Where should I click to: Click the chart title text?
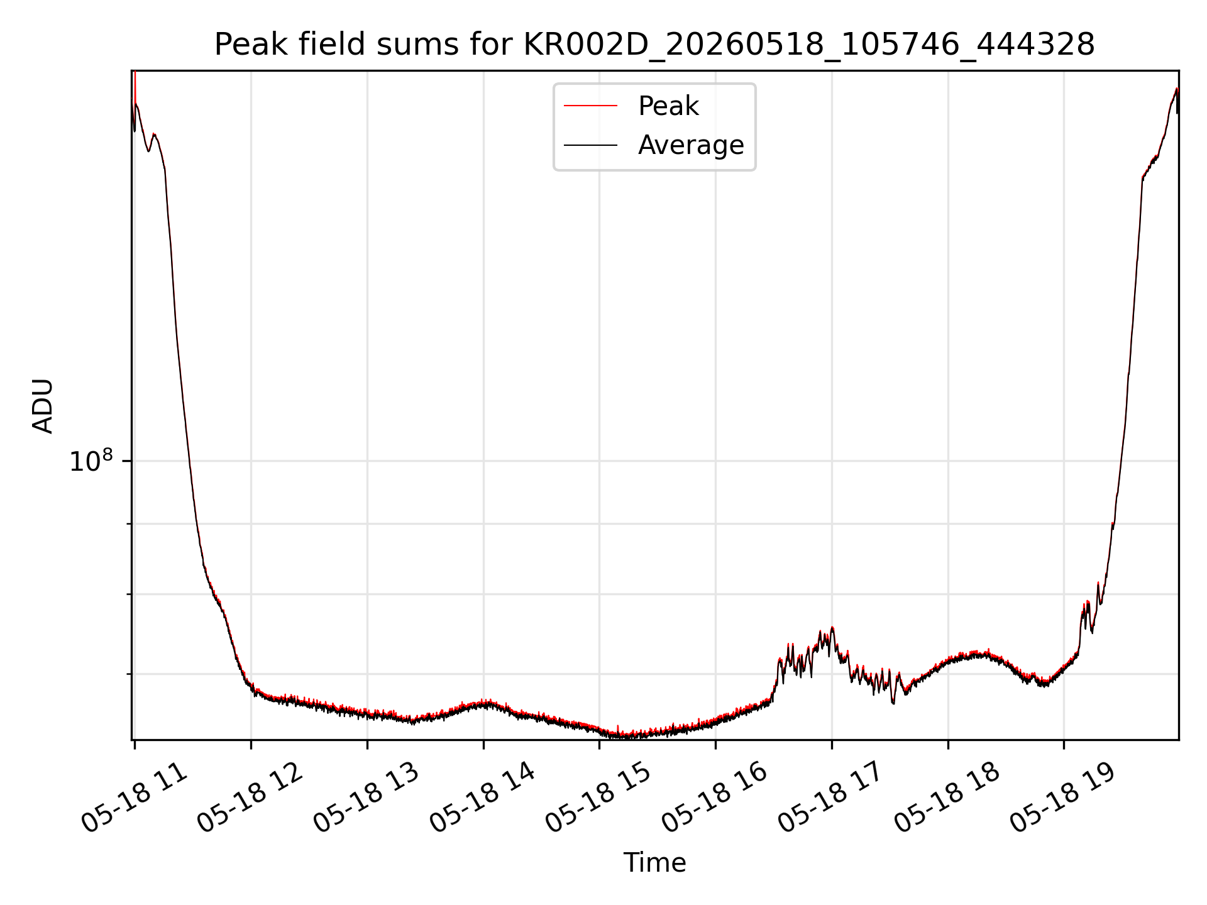point(654,45)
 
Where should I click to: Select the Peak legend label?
point(668,106)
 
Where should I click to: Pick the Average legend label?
point(691,145)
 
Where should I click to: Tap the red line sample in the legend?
point(590,106)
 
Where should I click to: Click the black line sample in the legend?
point(590,145)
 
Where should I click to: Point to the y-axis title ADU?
point(43,406)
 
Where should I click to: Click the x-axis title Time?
point(654,863)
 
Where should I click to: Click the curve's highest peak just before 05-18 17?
point(832,627)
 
